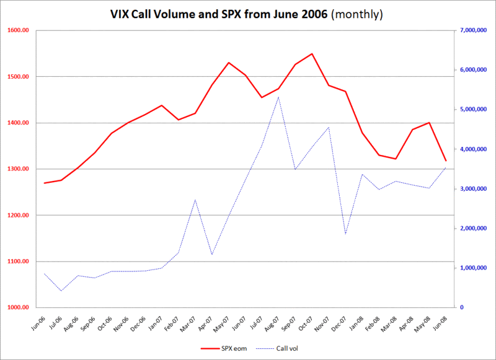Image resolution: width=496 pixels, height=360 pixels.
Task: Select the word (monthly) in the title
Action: (x=356, y=14)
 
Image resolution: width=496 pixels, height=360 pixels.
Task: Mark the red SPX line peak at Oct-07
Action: (x=312, y=54)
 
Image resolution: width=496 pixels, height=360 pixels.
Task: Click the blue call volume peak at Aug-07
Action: (x=278, y=97)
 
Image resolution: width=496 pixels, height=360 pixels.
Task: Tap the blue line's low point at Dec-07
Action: (x=345, y=234)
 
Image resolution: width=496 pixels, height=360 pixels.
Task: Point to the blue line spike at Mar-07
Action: (x=195, y=200)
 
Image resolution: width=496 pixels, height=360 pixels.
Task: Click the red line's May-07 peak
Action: (x=228, y=63)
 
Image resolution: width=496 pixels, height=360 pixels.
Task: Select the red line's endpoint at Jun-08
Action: (x=446, y=161)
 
